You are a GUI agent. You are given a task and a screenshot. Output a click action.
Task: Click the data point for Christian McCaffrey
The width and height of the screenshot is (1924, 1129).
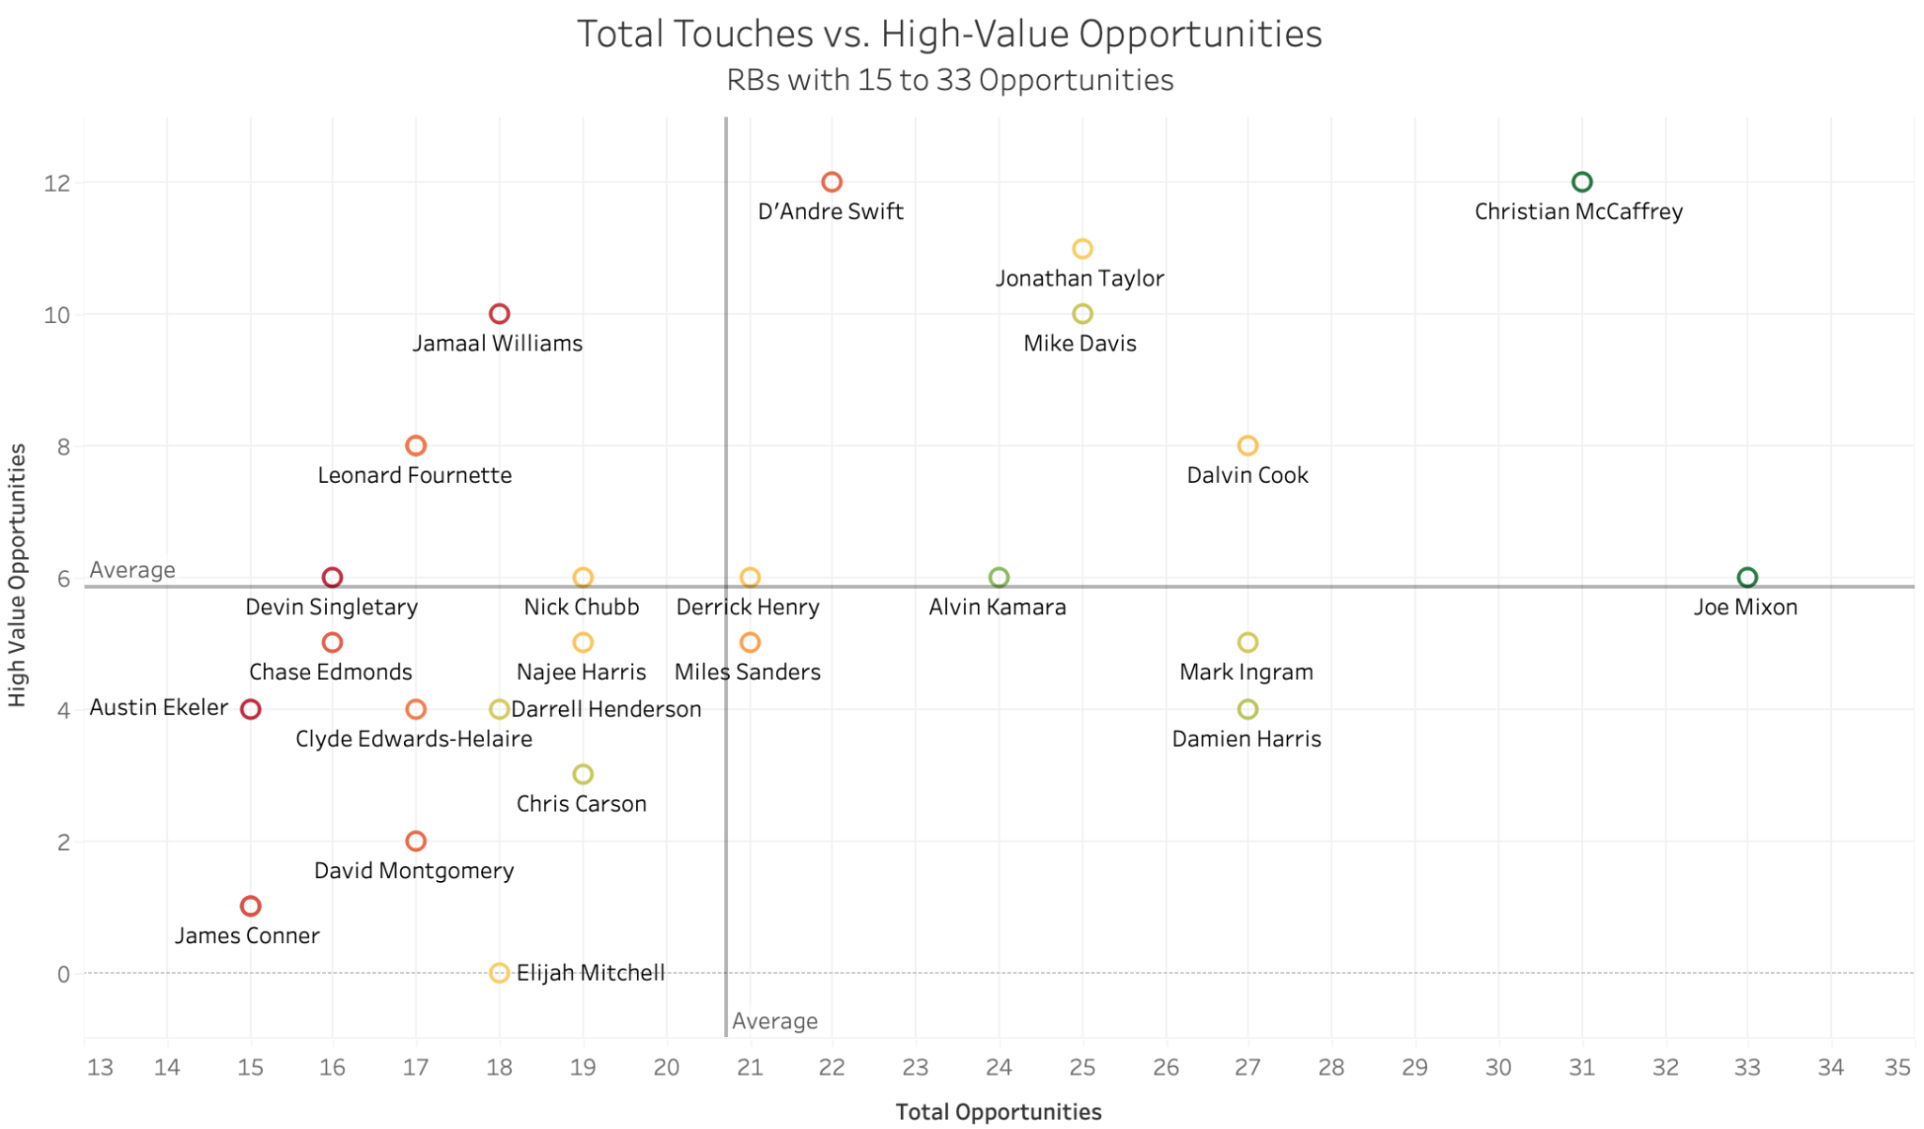click(x=1582, y=182)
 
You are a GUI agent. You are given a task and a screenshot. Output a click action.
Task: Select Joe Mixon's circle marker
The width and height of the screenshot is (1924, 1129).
click(x=1746, y=578)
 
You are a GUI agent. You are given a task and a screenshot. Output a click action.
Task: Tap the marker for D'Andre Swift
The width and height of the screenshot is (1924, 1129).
click(x=831, y=182)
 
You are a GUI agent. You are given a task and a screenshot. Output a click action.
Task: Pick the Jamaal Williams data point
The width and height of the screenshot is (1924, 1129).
click(x=500, y=314)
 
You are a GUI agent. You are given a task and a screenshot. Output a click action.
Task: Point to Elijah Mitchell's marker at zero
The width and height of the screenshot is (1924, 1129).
click(x=500, y=973)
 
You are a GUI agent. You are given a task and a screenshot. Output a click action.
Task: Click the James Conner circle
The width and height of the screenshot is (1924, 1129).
click(x=250, y=906)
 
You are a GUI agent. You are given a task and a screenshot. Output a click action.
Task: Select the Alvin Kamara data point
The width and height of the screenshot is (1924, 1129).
click(x=999, y=578)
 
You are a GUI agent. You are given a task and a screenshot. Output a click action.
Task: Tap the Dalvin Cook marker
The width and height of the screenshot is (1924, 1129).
click(x=1248, y=445)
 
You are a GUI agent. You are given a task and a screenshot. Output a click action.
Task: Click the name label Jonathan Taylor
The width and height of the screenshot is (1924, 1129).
click(x=1079, y=279)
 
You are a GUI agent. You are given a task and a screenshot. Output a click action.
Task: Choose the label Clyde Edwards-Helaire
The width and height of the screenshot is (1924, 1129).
click(x=413, y=739)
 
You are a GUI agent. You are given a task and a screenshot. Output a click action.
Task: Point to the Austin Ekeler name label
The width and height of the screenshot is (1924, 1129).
click(x=159, y=707)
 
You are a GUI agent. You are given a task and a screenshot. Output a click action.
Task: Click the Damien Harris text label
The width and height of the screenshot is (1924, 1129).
click(x=1246, y=739)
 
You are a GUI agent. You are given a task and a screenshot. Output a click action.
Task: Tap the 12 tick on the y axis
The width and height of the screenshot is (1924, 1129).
click(x=57, y=182)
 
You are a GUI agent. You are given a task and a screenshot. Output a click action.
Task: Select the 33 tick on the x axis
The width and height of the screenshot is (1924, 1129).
click(x=1746, y=1067)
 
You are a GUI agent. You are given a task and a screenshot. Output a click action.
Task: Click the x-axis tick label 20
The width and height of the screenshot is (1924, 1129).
click(x=666, y=1067)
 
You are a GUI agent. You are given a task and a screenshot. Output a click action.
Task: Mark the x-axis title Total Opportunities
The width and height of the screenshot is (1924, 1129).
click(x=998, y=1112)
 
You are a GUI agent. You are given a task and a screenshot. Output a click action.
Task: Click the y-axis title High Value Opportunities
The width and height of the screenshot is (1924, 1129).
click(x=16, y=576)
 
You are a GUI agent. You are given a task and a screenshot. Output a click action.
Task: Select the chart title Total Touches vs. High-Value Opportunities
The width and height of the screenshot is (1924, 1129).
click(x=949, y=34)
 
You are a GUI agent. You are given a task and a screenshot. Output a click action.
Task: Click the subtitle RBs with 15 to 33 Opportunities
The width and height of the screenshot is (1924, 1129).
click(x=949, y=80)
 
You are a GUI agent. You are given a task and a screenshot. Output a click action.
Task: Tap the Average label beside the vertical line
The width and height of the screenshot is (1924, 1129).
click(x=774, y=1021)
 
